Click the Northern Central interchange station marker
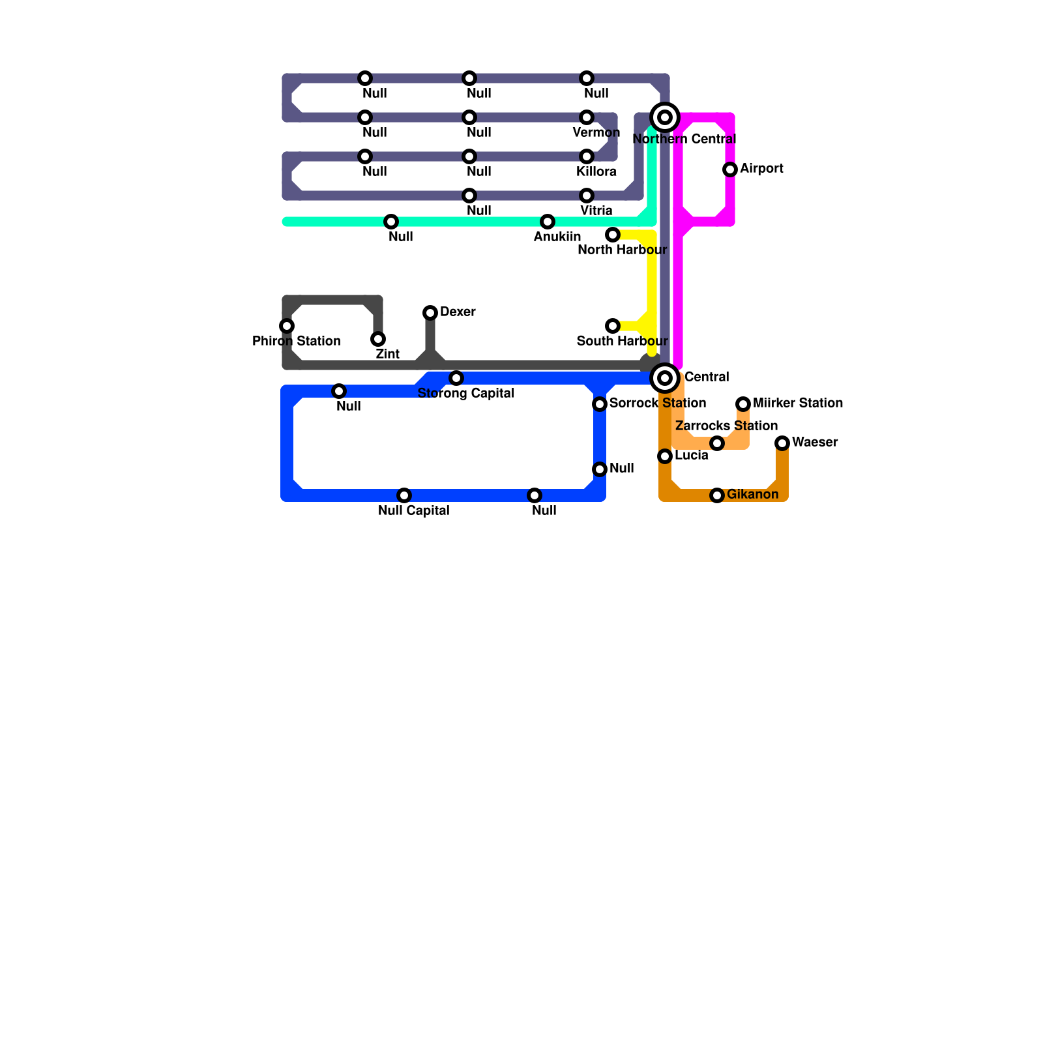(x=665, y=117)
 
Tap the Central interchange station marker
(x=665, y=378)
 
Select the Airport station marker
(x=730, y=169)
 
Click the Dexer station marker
(x=430, y=313)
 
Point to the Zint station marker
(x=378, y=339)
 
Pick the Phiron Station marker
(x=287, y=326)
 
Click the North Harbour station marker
(x=613, y=235)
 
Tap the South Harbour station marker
(x=613, y=326)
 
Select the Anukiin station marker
(x=548, y=222)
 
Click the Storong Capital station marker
(x=456, y=378)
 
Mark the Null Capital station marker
(x=404, y=495)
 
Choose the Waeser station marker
(x=782, y=443)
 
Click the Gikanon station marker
(x=717, y=495)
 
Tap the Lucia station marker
(x=665, y=456)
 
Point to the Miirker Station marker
(x=743, y=404)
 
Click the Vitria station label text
(x=596, y=211)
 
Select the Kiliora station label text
(x=596, y=171)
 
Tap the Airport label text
(x=761, y=168)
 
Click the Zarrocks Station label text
(x=726, y=426)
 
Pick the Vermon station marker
(x=587, y=117)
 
